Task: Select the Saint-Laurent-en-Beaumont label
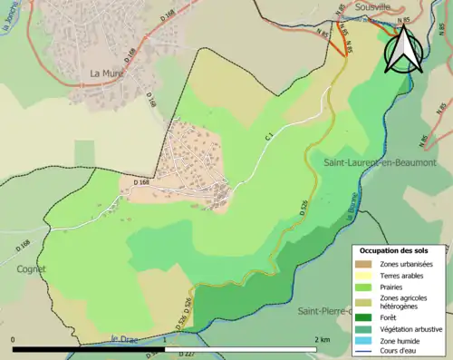pyautogui.click(x=380, y=161)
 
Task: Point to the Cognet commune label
pyautogui.click(x=30, y=268)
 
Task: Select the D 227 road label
pyautogui.click(x=187, y=352)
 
